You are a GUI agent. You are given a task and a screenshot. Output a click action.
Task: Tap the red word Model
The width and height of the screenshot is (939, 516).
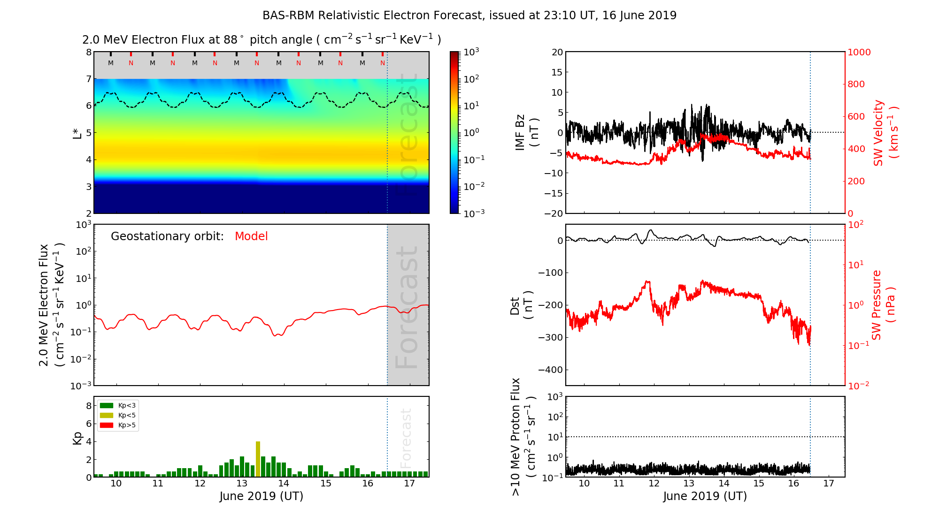click(x=251, y=236)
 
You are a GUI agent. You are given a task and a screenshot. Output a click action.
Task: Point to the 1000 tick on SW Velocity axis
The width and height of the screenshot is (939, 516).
click(x=859, y=52)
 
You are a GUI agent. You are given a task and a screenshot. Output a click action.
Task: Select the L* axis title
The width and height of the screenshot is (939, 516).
click(x=77, y=132)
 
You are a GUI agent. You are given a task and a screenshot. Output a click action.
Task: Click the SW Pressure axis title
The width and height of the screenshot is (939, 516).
click(x=883, y=305)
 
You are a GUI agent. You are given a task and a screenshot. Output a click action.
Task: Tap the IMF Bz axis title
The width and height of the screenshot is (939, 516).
click(x=526, y=132)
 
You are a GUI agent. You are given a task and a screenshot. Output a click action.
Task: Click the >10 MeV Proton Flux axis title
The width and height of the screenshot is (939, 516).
click(x=523, y=437)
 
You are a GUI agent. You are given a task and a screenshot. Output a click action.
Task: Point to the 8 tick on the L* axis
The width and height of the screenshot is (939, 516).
click(x=88, y=52)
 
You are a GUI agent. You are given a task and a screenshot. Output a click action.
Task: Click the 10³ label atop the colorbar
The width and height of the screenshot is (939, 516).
click(x=471, y=52)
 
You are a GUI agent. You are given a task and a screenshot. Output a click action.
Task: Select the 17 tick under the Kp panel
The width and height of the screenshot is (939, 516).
click(x=409, y=484)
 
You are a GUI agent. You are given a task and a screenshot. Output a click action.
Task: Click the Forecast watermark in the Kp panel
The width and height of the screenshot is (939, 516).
click(x=406, y=438)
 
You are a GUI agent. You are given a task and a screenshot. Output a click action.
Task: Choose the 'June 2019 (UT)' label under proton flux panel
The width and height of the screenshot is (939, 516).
click(x=705, y=496)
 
